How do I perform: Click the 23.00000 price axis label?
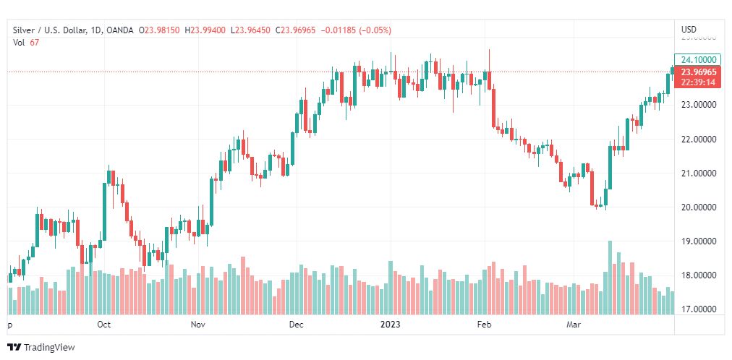(697, 105)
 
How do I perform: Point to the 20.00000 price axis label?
(697, 207)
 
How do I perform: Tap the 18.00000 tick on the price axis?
(697, 275)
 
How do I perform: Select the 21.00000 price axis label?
(697, 173)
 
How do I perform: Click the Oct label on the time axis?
(103, 325)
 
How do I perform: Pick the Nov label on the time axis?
(199, 325)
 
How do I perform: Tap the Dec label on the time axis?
(296, 325)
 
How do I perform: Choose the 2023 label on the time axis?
(391, 325)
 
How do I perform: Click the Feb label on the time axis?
(484, 325)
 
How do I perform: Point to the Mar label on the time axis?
(574, 325)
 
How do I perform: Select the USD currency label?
(689, 29)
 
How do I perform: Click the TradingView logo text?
(49, 348)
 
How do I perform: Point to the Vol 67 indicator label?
(26, 42)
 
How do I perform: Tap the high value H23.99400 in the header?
(205, 30)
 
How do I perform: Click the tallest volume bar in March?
(610, 278)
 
